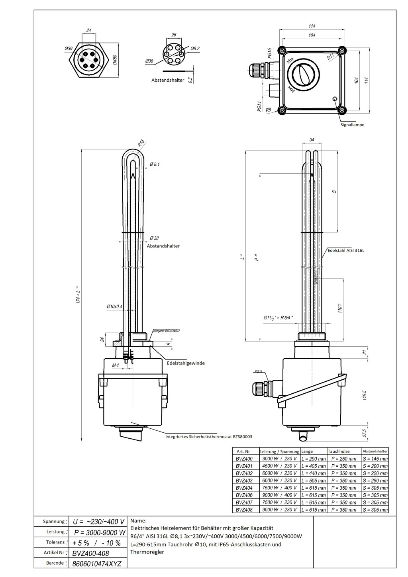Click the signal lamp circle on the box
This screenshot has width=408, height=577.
pyautogui.click(x=334, y=99)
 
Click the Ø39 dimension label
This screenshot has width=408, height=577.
pyautogui.click(x=69, y=49)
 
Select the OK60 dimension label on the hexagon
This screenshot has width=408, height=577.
pyautogui.click(x=114, y=60)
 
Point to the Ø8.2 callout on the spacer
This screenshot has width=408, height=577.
pyautogui.click(x=195, y=49)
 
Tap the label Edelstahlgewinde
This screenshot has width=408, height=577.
pyautogui.click(x=186, y=363)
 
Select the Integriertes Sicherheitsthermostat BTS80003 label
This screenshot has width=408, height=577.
pyautogui.click(x=209, y=437)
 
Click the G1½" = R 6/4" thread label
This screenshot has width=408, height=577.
pyautogui.click(x=278, y=318)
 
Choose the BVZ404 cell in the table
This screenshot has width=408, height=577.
pyautogui.click(x=244, y=488)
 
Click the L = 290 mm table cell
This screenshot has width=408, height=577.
pyautogui.click(x=313, y=459)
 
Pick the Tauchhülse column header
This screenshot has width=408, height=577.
pyautogui.click(x=339, y=451)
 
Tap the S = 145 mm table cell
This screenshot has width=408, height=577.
pyautogui.click(x=375, y=459)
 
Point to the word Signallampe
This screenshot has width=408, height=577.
pyautogui.click(x=352, y=125)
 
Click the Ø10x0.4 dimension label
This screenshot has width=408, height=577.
pyautogui.click(x=114, y=306)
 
